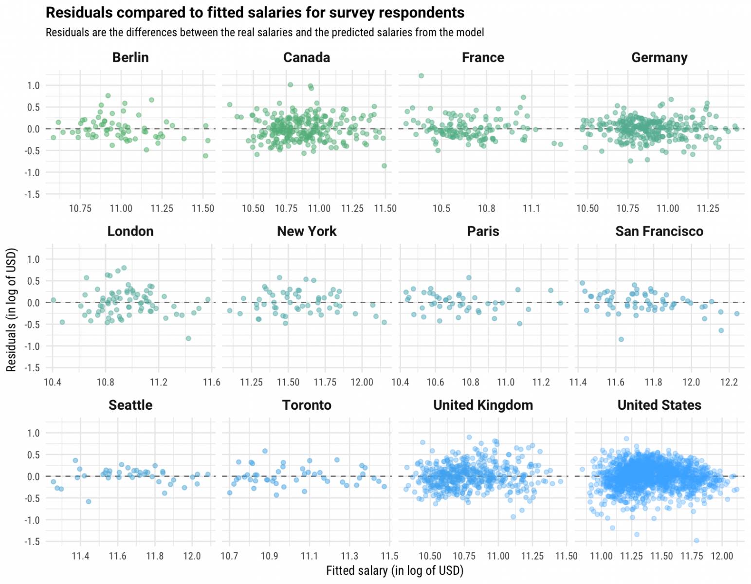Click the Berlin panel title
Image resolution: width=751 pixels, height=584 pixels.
tap(130, 57)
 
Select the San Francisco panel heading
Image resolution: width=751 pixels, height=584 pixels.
tap(659, 231)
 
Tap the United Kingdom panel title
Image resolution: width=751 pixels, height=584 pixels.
tap(483, 405)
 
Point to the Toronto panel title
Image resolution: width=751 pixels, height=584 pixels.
tap(307, 405)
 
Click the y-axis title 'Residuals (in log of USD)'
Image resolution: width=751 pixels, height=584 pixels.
tap(11, 310)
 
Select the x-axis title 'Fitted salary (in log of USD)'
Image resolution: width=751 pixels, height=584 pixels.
tap(395, 570)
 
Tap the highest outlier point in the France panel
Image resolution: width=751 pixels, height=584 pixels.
tap(421, 76)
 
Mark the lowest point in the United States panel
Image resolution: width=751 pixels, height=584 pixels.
tap(696, 541)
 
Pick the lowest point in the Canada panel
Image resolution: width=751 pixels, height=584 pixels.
tap(384, 166)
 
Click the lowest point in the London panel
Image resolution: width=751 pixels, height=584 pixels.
tap(188, 338)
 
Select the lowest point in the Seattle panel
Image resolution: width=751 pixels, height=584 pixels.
tap(89, 501)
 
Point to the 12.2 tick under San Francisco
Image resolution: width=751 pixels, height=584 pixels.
tap(729, 382)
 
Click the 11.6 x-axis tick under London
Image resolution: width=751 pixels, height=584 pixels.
tap(211, 382)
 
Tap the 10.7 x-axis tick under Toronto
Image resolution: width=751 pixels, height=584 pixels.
tap(229, 556)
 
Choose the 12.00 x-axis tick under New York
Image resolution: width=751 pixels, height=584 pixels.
tap(362, 382)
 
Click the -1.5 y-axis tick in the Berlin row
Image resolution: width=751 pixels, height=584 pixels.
tap(32, 195)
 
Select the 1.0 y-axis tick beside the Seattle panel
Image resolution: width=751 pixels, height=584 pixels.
tap(33, 433)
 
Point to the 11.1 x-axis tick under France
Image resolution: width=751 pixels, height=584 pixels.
tap(531, 208)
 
